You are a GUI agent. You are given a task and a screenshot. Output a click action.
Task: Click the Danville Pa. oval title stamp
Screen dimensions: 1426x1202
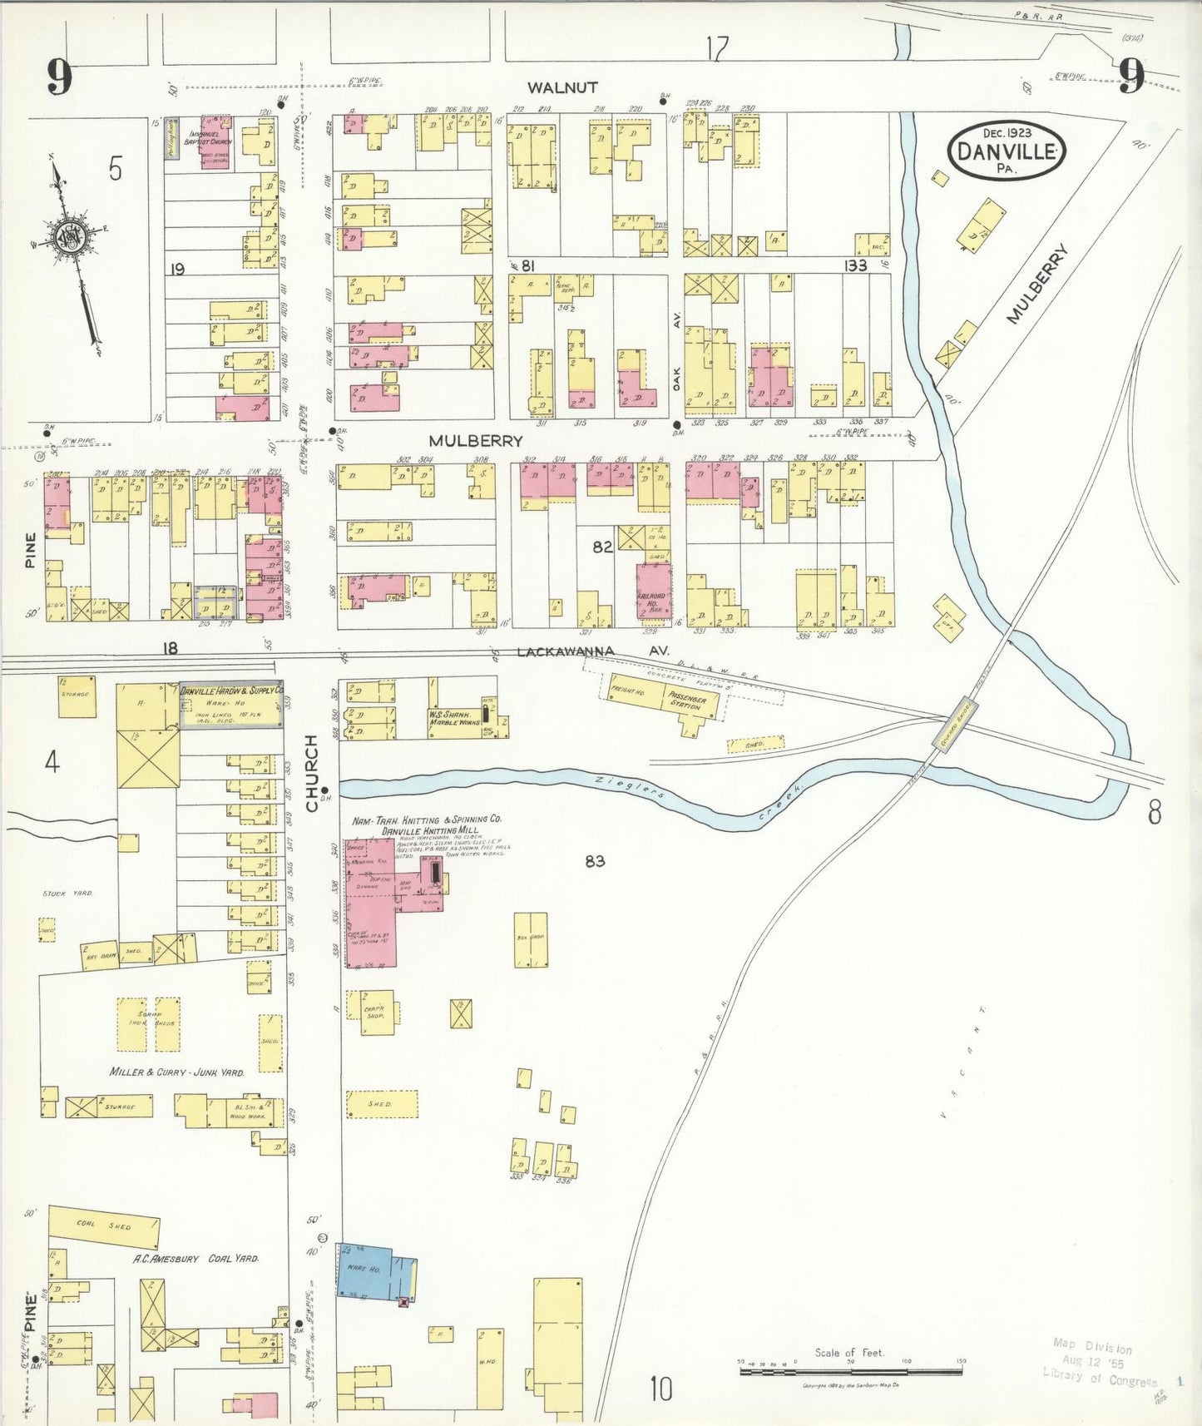click(x=1007, y=151)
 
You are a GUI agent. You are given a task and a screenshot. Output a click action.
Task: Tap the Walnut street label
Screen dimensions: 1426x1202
click(x=563, y=87)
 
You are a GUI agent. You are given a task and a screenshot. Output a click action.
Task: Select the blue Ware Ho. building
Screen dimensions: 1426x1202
click(x=372, y=1270)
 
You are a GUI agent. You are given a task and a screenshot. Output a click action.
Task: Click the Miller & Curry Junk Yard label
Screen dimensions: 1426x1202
click(x=177, y=1072)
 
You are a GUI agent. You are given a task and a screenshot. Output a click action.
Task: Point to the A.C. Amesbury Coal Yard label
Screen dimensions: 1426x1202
click(x=196, y=1259)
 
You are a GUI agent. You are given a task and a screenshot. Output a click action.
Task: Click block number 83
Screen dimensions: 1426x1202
click(x=594, y=861)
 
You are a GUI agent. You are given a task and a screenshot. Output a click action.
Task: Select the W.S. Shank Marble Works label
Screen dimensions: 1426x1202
click(x=450, y=719)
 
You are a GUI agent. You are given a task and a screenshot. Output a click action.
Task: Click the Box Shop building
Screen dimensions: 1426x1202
click(x=530, y=938)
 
